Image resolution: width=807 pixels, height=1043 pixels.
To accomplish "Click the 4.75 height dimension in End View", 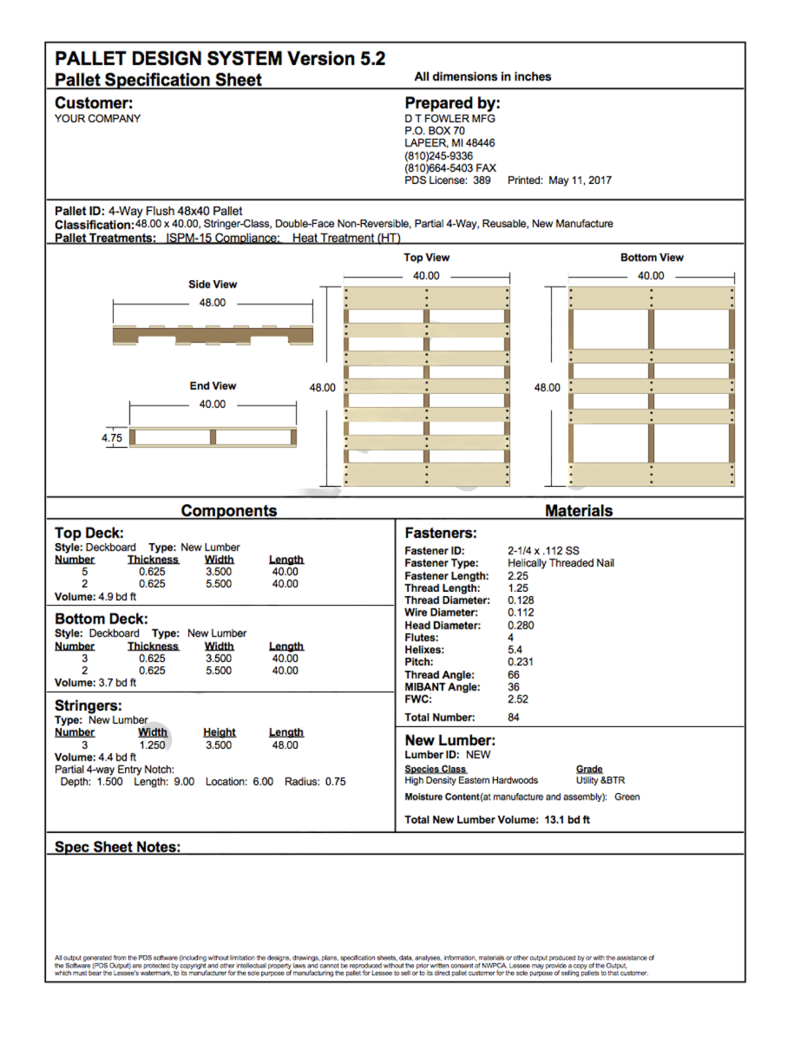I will [x=112, y=438].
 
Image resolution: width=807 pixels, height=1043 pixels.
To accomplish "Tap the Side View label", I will [x=213, y=285].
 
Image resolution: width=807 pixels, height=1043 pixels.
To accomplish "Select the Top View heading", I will [x=426, y=258].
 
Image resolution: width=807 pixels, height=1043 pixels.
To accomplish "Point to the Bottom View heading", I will [x=651, y=258].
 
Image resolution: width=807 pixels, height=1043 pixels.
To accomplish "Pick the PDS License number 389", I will [x=482, y=180].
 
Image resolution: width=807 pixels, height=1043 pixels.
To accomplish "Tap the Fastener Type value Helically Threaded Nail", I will [x=561, y=563].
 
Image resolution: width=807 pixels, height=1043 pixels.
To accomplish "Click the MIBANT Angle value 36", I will [x=514, y=687].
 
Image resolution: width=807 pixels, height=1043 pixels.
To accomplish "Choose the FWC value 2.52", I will [x=517, y=699].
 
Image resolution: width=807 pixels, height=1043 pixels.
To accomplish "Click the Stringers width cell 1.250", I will [x=152, y=745].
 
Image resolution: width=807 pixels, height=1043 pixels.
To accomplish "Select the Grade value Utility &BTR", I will [x=600, y=781].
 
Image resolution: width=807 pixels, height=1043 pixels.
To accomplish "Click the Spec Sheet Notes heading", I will [x=117, y=847].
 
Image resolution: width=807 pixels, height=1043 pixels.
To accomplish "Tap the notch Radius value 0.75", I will [x=335, y=782].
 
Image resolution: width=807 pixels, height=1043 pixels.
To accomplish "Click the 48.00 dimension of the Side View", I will [x=213, y=303].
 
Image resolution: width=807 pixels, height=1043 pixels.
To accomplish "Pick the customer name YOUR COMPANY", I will [x=97, y=119].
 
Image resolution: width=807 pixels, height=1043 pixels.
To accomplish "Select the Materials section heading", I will [x=579, y=511].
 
